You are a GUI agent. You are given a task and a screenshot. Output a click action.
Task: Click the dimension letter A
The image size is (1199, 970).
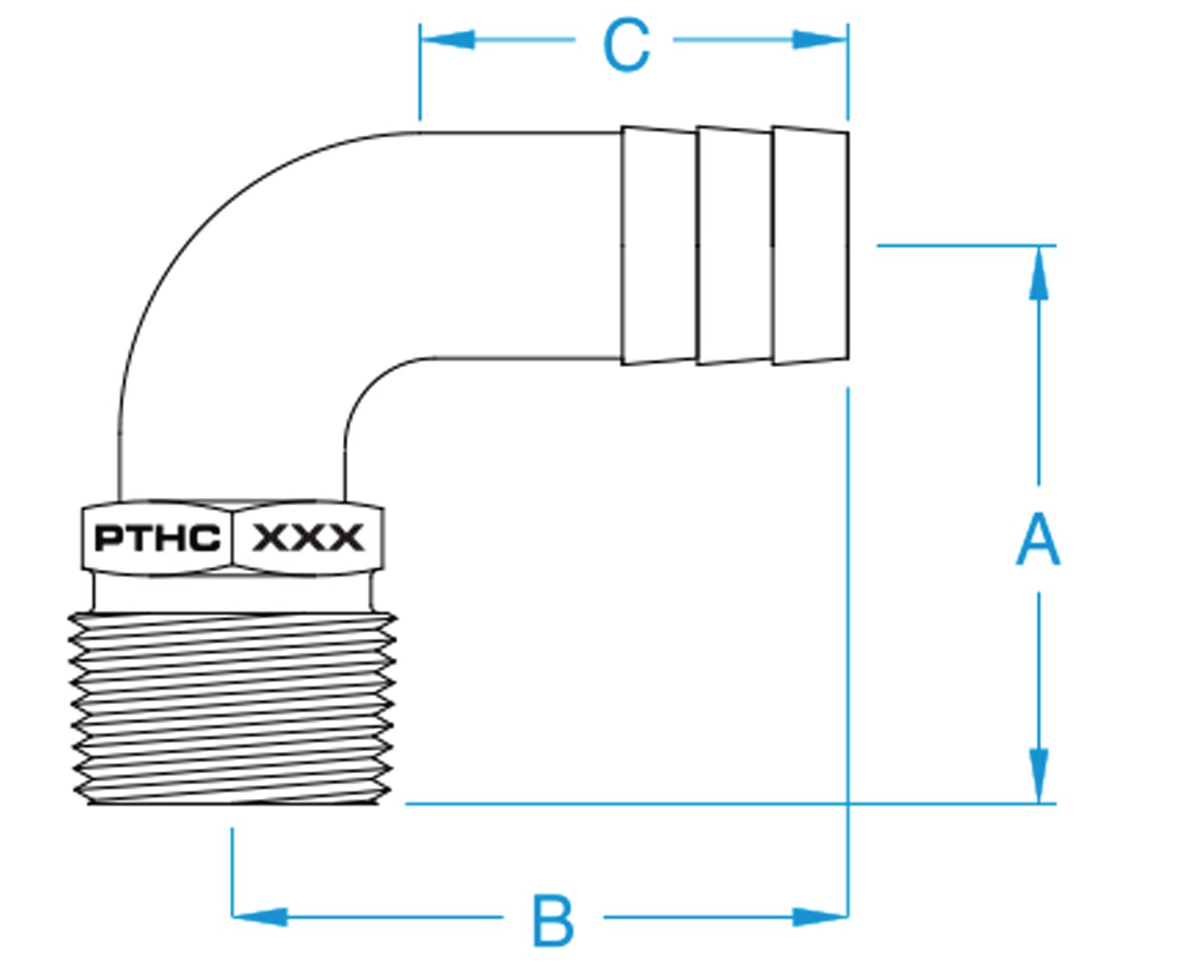pos(1037,539)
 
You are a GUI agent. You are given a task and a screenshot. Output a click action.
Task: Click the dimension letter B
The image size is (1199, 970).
pos(552,920)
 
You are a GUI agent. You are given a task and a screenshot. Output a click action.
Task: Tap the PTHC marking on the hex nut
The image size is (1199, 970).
pos(157,538)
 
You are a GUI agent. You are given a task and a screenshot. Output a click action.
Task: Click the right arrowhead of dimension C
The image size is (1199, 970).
pos(820,39)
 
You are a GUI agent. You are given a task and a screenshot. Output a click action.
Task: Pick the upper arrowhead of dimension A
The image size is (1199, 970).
pos(1038,274)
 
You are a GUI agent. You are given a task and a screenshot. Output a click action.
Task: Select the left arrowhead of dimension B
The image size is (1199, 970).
pos(259,916)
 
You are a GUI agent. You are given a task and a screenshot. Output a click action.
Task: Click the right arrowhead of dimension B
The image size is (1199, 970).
pos(820,916)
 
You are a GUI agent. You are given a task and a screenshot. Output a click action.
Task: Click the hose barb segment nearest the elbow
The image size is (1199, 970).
pos(659,246)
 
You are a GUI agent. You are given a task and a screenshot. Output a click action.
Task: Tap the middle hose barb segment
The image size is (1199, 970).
pos(734,246)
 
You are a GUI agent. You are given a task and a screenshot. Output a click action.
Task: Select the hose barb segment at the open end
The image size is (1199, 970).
pos(810,246)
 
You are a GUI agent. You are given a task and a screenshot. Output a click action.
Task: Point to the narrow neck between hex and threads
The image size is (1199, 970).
pos(233,591)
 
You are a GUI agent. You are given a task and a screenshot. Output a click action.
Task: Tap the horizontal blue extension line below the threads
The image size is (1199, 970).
pos(624,803)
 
